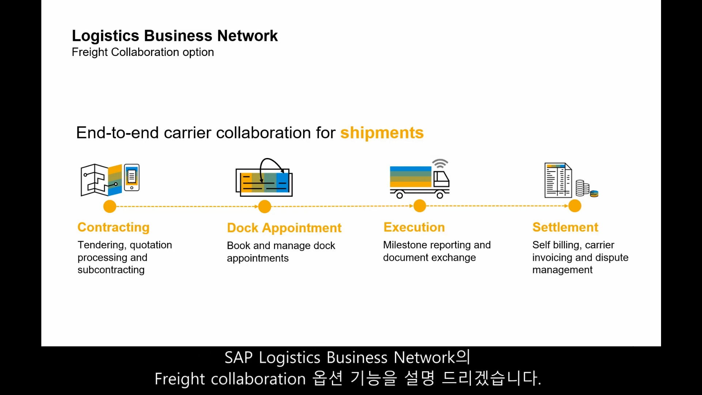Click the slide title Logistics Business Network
point(175,36)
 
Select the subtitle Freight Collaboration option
point(143,52)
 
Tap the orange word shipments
point(382,133)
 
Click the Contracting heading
point(113,227)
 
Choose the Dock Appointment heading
point(284,228)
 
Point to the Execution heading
point(414,227)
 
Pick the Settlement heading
point(565,227)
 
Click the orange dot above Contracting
point(110,207)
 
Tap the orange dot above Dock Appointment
point(265,207)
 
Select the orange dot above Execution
point(420,206)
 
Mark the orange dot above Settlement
point(575,206)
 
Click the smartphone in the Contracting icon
point(132,177)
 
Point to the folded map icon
point(101,180)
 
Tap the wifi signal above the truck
point(440,163)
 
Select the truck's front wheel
point(440,195)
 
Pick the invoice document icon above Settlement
point(558,180)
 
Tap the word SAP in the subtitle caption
point(238,358)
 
